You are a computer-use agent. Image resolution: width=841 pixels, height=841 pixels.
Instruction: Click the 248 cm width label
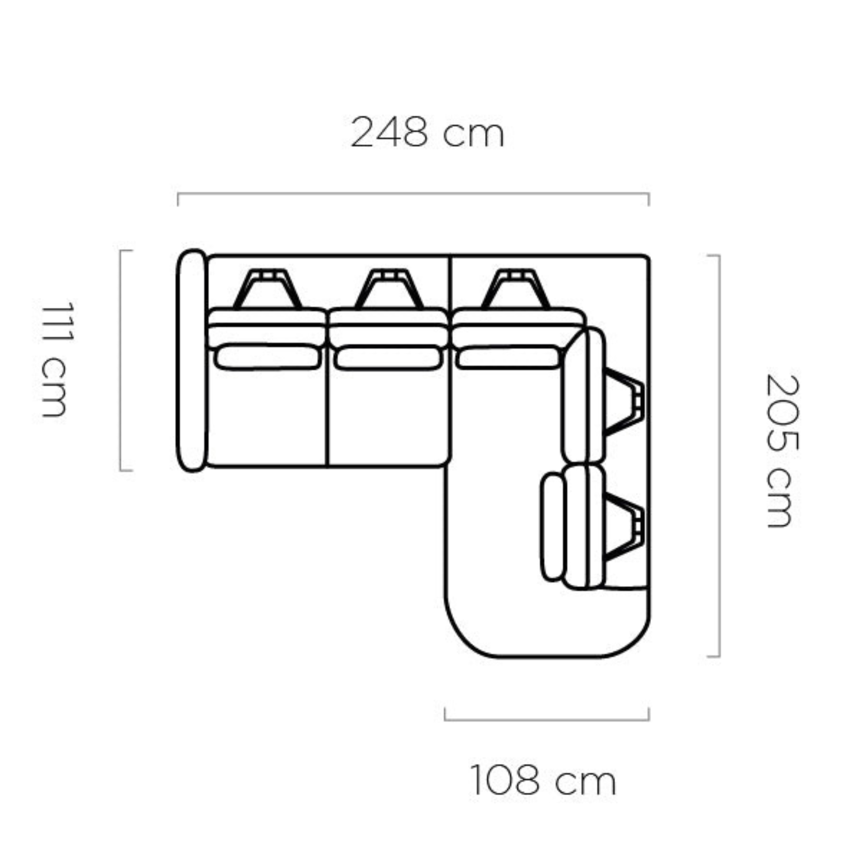pyautogui.click(x=427, y=133)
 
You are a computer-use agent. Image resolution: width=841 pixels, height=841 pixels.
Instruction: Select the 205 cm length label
pyautogui.click(x=781, y=451)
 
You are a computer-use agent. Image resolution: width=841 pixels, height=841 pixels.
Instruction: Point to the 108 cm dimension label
pyautogui.click(x=543, y=780)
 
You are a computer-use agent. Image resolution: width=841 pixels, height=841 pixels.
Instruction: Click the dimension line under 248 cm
pyautogui.click(x=413, y=194)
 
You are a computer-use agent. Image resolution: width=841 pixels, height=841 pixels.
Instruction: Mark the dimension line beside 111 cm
pyautogui.click(x=121, y=360)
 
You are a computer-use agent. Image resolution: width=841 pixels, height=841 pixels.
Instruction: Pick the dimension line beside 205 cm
pyautogui.click(x=718, y=455)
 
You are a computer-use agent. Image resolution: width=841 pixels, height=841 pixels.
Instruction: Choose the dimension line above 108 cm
pyautogui.click(x=547, y=719)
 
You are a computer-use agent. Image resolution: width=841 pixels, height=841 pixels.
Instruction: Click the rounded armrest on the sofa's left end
pyautogui.click(x=191, y=360)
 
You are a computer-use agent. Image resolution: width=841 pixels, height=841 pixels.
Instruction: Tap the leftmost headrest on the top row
pyautogui.click(x=267, y=289)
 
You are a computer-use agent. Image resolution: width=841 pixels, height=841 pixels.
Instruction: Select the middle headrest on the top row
pyautogui.click(x=389, y=289)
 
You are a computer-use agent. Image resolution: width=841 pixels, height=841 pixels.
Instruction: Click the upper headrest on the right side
pyautogui.click(x=624, y=402)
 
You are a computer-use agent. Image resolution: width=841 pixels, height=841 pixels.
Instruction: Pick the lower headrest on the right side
pyautogui.click(x=624, y=527)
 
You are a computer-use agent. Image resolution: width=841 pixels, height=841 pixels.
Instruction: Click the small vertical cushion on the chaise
pyautogui.click(x=552, y=527)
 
